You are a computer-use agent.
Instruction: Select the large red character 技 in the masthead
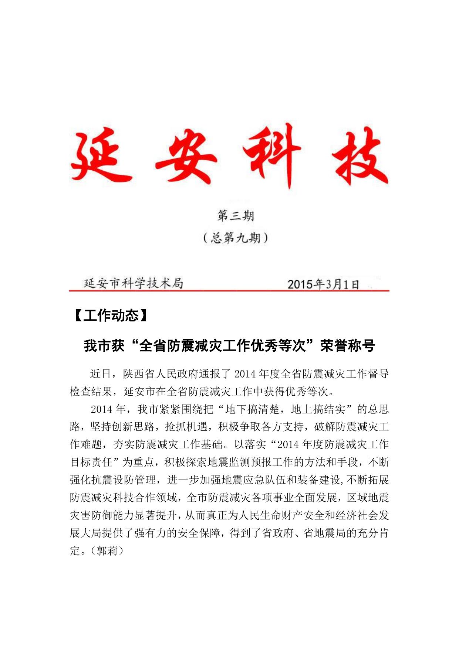point(359,157)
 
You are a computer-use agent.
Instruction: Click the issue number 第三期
point(236,216)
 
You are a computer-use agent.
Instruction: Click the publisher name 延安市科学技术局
point(134,283)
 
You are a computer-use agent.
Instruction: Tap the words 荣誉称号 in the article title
point(348,346)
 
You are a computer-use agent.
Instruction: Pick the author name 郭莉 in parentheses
point(107,551)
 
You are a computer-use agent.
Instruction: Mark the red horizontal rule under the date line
point(229,291)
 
